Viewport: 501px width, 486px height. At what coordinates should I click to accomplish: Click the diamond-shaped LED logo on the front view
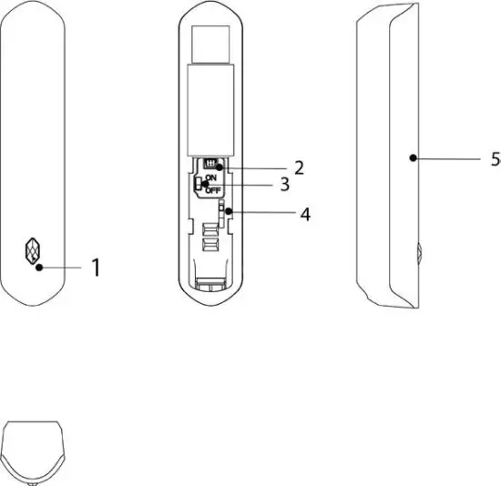[33, 249]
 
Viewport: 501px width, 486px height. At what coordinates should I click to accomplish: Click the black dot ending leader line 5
[413, 157]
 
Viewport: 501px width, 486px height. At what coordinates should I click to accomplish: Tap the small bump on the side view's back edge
[418, 250]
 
